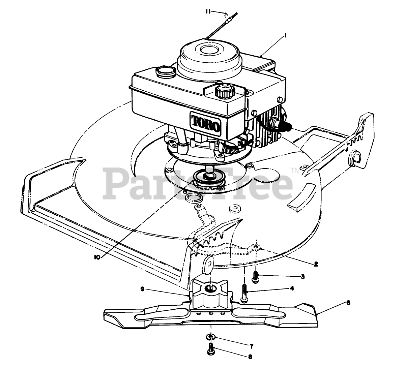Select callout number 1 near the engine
[285, 34]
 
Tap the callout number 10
[97, 257]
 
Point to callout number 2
[316, 264]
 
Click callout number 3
[302, 276]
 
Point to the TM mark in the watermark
[295, 171]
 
